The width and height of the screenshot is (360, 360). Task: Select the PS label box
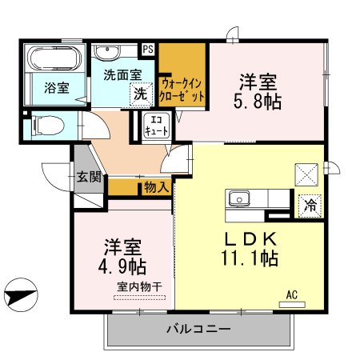point(148,49)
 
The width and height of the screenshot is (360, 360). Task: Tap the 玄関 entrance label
point(89,177)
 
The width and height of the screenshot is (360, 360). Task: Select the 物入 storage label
point(156,187)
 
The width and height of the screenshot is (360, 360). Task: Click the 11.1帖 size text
point(250,258)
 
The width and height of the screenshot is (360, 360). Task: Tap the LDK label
point(250,238)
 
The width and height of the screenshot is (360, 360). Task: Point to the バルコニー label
point(198,329)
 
